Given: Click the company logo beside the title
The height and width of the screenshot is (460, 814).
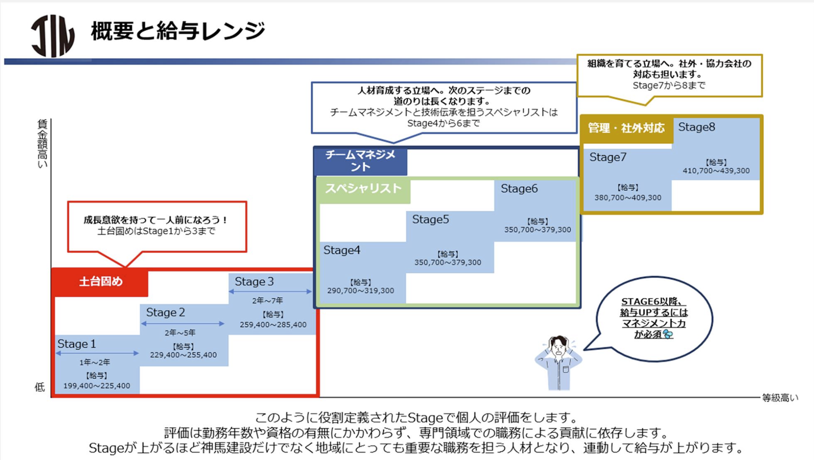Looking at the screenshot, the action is pyautogui.click(x=53, y=36).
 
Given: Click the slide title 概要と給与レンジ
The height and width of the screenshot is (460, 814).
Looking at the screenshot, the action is pyautogui.click(x=178, y=31).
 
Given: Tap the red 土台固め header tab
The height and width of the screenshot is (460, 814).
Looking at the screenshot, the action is pyautogui.click(x=101, y=282).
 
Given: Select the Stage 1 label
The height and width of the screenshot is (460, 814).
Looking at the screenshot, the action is pyautogui.click(x=77, y=344).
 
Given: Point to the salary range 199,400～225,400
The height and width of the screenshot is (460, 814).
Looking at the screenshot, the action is pyautogui.click(x=97, y=385).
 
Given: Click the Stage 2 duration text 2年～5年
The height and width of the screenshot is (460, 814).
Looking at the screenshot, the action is pyautogui.click(x=180, y=332).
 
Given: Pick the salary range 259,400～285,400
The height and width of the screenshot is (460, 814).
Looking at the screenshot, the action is pyautogui.click(x=273, y=325).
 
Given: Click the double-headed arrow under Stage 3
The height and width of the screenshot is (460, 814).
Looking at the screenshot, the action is pyautogui.click(x=270, y=291).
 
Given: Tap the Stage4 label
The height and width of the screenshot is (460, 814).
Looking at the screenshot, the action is pyautogui.click(x=341, y=250).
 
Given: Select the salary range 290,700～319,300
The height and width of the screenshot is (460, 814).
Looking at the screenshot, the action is pyautogui.click(x=361, y=291).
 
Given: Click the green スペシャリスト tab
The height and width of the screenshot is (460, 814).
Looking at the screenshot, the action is pyautogui.click(x=363, y=189).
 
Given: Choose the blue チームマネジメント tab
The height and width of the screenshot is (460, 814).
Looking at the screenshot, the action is pyautogui.click(x=361, y=161).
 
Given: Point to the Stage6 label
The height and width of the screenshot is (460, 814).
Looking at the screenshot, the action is pyautogui.click(x=519, y=189).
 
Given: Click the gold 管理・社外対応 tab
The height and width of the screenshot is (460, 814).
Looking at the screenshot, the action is pyautogui.click(x=626, y=128).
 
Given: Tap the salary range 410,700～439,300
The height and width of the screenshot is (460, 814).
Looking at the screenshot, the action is pyautogui.click(x=716, y=171).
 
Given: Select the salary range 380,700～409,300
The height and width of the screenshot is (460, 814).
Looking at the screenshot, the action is pyautogui.click(x=627, y=198).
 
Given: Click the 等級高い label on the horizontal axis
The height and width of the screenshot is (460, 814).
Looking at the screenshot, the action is pyautogui.click(x=780, y=398).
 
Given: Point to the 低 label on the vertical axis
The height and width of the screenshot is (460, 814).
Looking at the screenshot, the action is pyautogui.click(x=40, y=387).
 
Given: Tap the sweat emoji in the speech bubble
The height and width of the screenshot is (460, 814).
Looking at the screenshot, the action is pyautogui.click(x=668, y=334).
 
